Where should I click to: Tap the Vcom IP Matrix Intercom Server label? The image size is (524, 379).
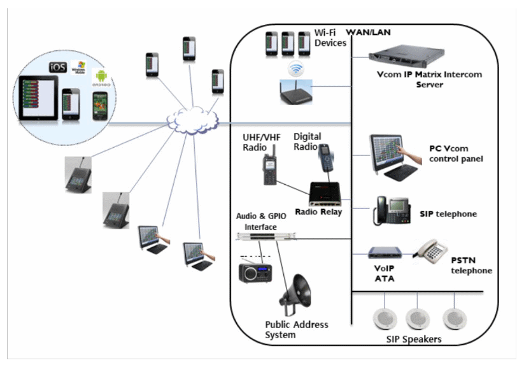429,79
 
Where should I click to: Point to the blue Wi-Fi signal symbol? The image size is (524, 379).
295,68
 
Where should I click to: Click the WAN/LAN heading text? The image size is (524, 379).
368,32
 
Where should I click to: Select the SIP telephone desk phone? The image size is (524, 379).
391,211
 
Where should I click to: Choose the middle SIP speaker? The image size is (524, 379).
417,317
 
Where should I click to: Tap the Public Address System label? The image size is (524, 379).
296,329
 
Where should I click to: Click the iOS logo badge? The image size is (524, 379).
59,67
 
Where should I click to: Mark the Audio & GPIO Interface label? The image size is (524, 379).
261,221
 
